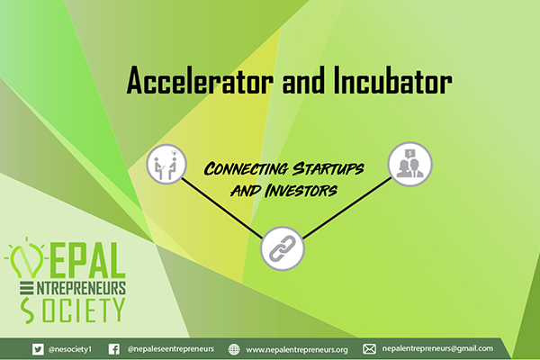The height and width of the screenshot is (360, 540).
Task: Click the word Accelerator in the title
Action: pyautogui.click(x=200, y=80)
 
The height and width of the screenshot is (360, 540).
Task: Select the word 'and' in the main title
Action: pyautogui.click(x=303, y=80)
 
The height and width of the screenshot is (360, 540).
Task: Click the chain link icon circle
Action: pyautogui.click(x=283, y=248)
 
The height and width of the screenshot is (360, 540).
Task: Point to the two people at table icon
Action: pyautogui.click(x=166, y=164)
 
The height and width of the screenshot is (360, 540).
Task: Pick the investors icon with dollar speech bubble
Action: pyautogui.click(x=409, y=165)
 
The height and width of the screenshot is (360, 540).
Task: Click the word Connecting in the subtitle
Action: pyautogui.click(x=246, y=169)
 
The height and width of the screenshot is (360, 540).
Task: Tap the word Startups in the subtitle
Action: pyautogui.click(x=328, y=168)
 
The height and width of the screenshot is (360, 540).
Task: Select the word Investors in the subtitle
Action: pyautogui.click(x=301, y=191)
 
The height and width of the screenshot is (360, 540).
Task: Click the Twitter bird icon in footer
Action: pyautogui.click(x=38, y=349)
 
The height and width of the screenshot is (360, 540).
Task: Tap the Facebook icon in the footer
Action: pyautogui.click(x=114, y=349)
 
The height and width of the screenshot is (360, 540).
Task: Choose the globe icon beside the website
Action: pyautogui.click(x=234, y=349)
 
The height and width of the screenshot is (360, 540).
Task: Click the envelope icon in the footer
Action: pyautogui.click(x=369, y=349)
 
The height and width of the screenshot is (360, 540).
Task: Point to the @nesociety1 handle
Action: pyautogui.click(x=70, y=349)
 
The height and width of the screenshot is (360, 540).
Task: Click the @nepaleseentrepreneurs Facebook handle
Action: pyautogui.click(x=171, y=349)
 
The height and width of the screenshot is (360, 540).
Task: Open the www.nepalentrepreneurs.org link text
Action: pyautogui.click(x=297, y=350)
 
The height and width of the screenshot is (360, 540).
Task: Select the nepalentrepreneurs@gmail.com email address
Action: pyautogui.click(x=437, y=348)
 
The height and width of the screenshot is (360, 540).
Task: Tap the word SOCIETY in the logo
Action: pyautogui.click(x=73, y=310)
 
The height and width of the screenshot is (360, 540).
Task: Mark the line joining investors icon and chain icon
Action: pyautogui.click(x=347, y=208)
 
